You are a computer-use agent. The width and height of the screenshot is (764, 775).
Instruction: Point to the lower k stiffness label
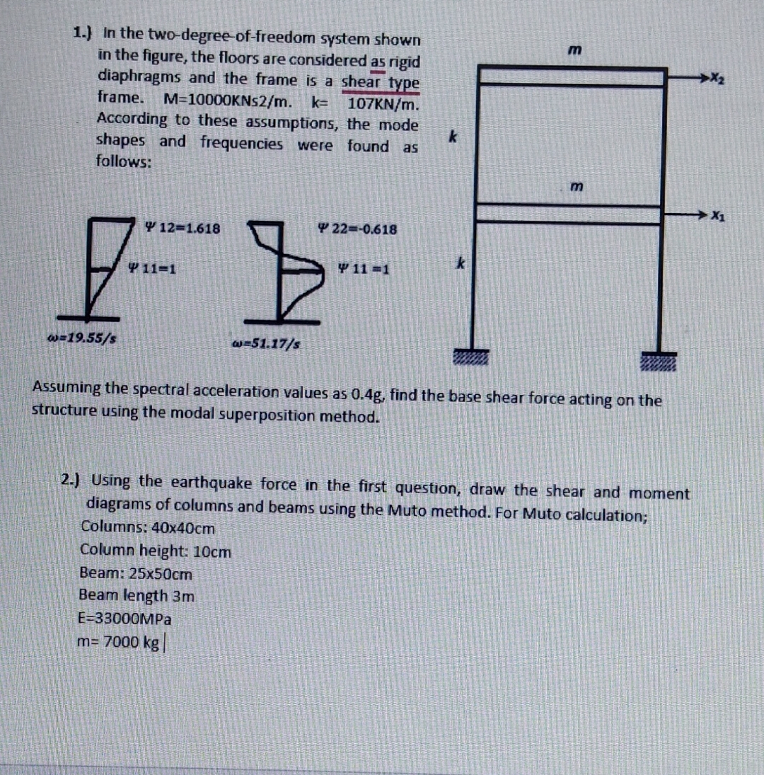tap(459, 265)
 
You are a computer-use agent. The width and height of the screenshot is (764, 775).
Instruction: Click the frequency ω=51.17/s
tap(265, 345)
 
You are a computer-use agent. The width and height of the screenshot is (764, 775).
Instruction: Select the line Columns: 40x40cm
tap(148, 528)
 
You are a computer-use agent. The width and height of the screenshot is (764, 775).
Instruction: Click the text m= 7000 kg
tap(120, 642)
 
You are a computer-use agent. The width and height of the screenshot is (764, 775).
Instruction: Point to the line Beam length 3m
tap(137, 596)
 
